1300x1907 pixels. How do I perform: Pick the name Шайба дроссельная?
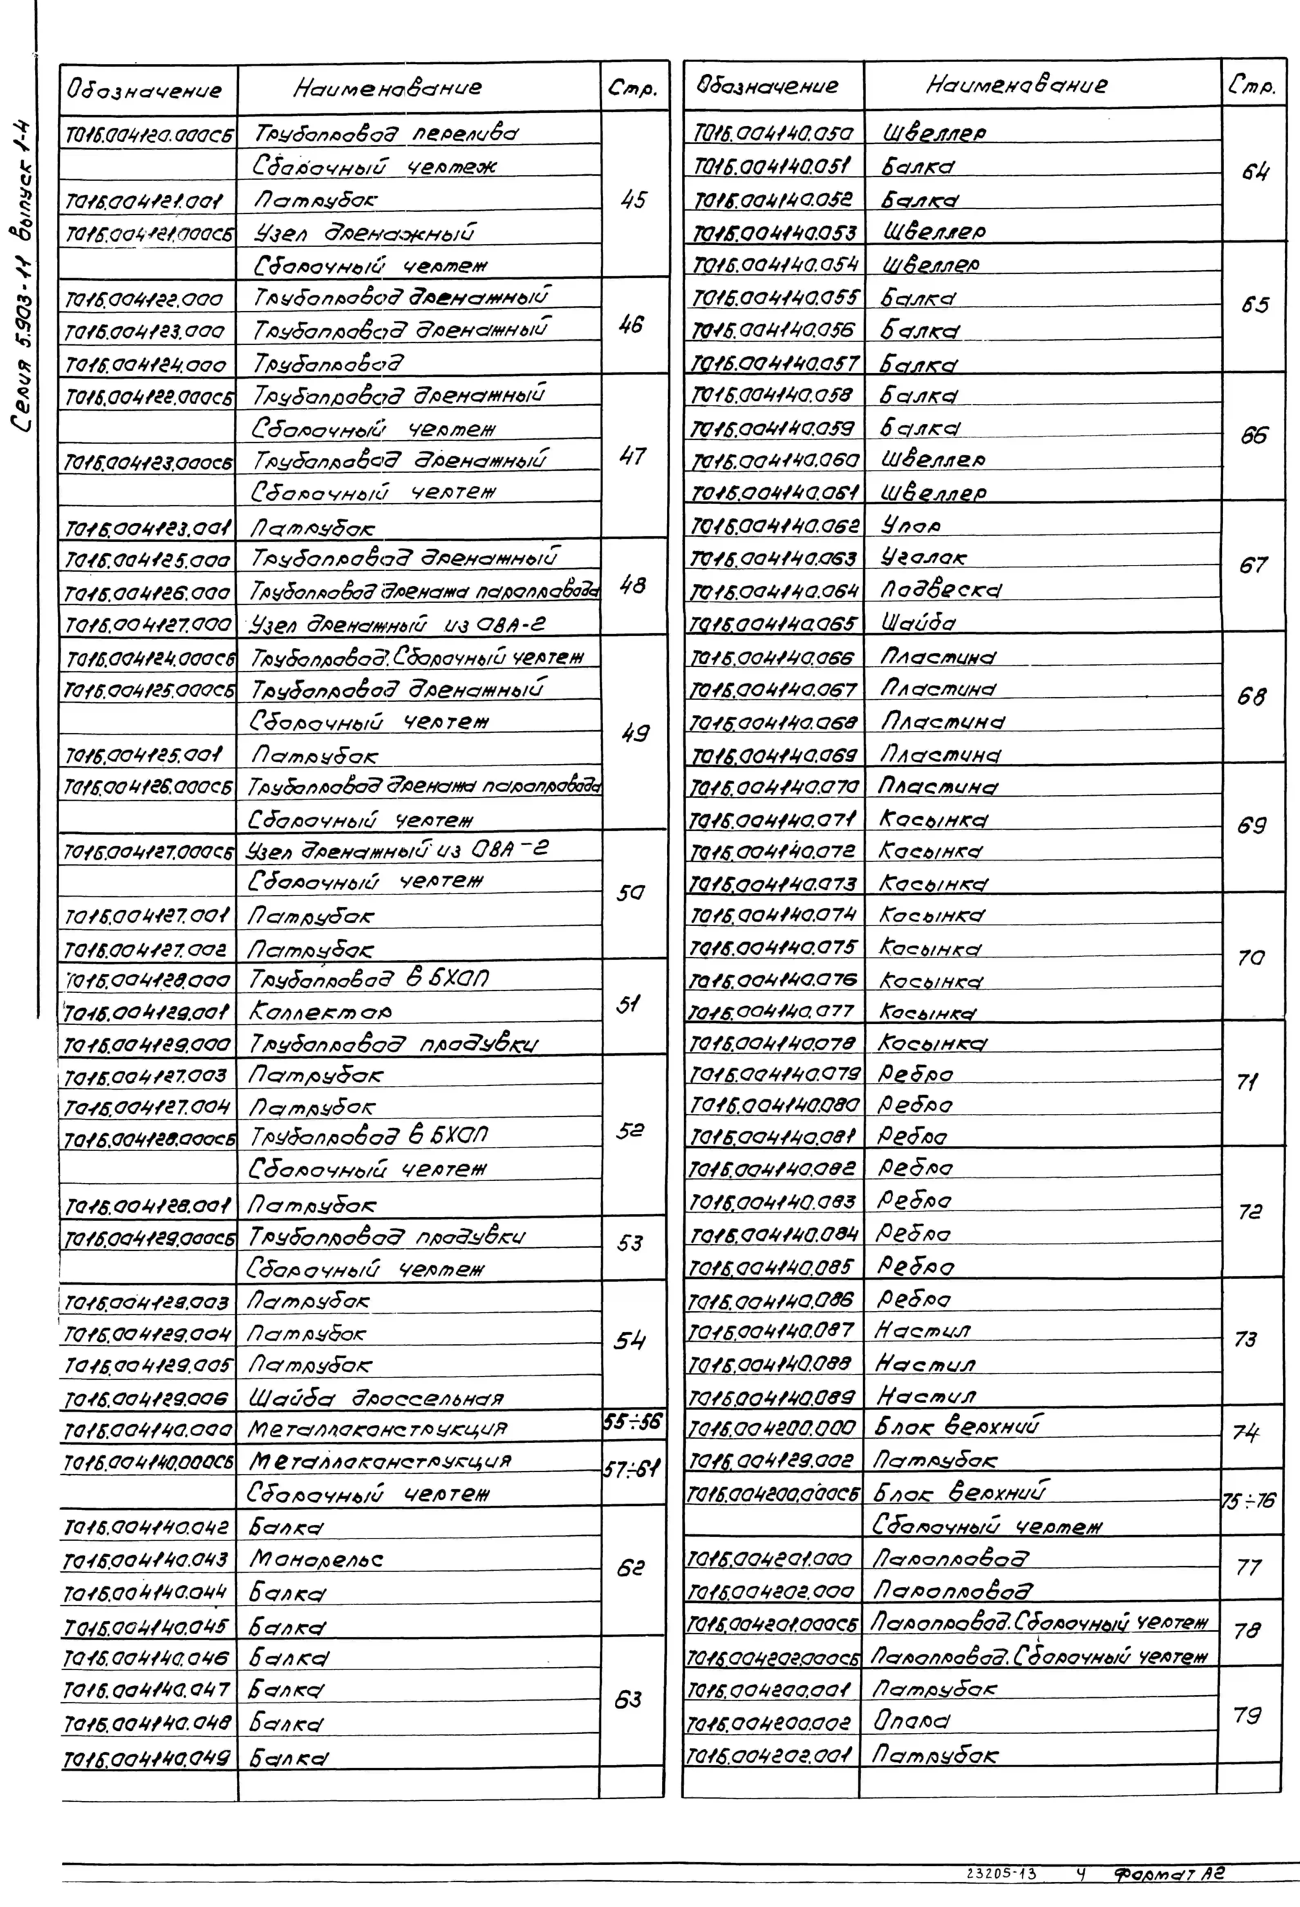(x=376, y=1397)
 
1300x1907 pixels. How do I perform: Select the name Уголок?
(x=924, y=557)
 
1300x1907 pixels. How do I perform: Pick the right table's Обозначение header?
(x=768, y=85)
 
